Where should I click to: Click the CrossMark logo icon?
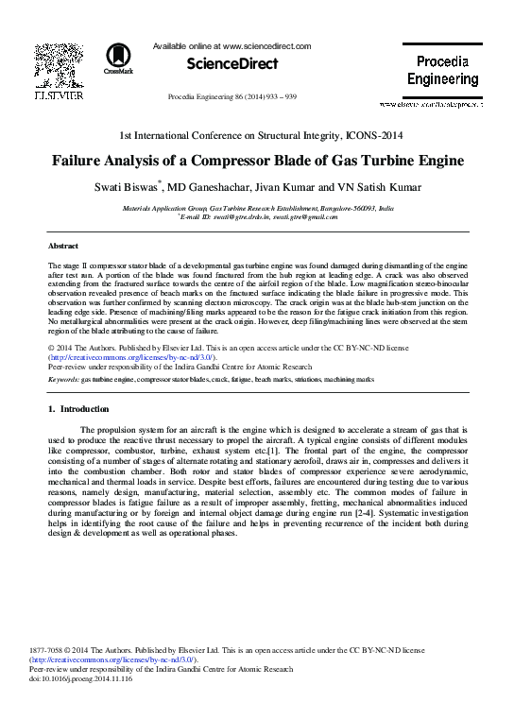119,58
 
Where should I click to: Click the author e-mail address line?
259,215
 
